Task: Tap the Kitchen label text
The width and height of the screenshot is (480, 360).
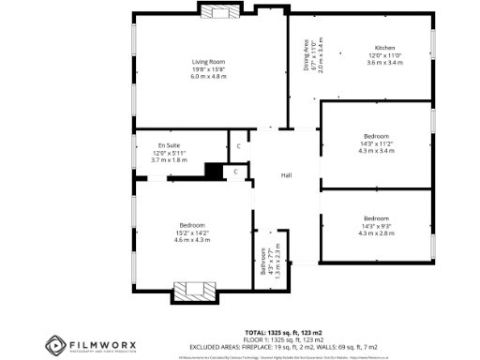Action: point(385,47)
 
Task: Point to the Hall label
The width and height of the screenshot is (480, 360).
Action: point(288,174)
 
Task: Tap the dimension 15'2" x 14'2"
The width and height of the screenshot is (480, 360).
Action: point(192,232)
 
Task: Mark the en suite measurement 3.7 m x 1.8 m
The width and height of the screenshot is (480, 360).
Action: point(170,160)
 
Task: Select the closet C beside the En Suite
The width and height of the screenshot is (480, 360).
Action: point(238,147)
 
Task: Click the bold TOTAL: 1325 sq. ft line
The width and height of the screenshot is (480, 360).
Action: point(283,333)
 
